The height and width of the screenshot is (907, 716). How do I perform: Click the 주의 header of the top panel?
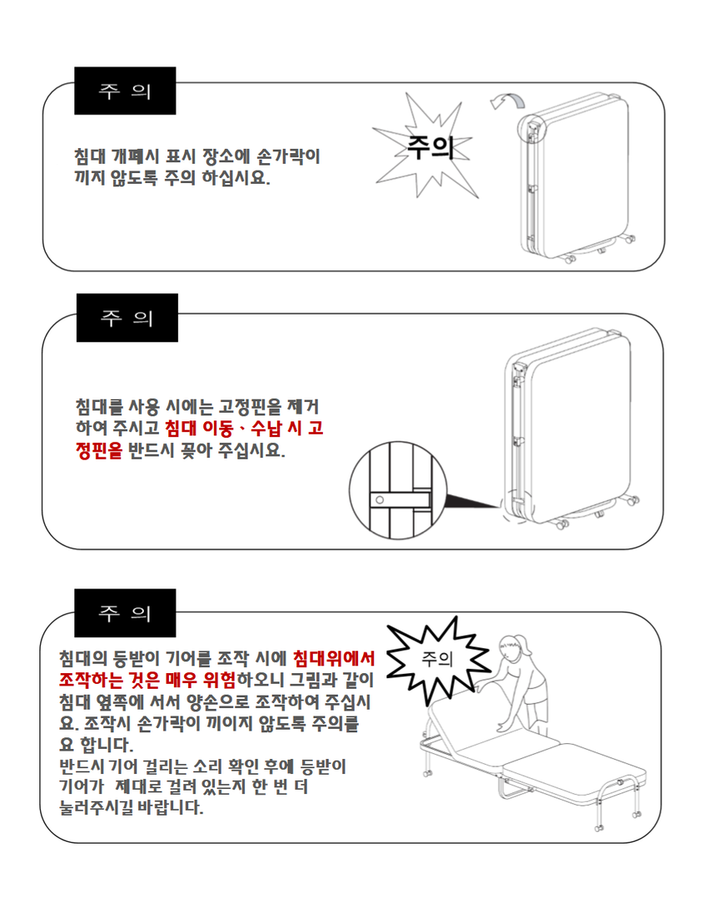point(125,91)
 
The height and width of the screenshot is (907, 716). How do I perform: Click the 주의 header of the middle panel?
point(127,318)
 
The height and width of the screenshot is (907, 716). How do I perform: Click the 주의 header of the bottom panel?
point(125,613)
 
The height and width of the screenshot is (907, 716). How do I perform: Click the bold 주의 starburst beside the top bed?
point(428,146)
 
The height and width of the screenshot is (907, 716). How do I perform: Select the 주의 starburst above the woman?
point(438,659)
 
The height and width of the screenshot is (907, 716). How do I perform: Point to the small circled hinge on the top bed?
point(531,128)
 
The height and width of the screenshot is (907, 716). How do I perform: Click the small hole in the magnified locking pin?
point(380,500)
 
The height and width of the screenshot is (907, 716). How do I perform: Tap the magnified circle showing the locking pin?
point(398,490)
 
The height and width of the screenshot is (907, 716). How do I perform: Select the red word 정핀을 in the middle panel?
point(99,450)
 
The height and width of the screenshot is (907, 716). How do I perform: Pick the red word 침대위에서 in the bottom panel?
point(334,658)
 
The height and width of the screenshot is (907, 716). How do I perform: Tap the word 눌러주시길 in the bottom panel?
point(96,807)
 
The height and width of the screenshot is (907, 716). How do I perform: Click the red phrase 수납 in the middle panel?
point(266,429)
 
